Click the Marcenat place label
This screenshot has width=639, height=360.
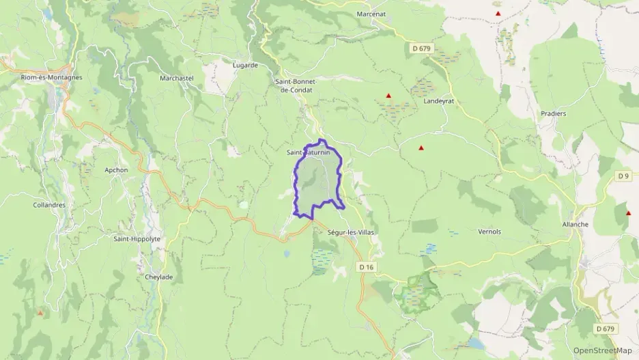coord(372,14)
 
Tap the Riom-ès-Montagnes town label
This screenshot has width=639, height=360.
coord(52,78)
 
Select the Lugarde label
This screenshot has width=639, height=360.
coord(246,66)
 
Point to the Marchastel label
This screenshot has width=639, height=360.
coord(177,79)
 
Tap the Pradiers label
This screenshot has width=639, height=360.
coord(554,113)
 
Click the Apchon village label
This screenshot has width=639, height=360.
coord(116,170)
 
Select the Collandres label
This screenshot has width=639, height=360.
coord(49,205)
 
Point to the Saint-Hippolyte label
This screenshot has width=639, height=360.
coord(137,239)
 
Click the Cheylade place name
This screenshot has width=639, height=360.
coord(158,277)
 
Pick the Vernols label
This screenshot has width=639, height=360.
coord(489,232)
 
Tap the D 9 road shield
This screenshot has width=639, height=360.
coord(623,176)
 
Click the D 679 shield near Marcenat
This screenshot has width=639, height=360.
coord(422,49)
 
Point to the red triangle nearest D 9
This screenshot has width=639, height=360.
coord(627,213)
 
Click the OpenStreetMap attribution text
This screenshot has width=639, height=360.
coord(602,351)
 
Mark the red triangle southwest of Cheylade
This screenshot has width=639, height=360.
coord(40,313)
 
